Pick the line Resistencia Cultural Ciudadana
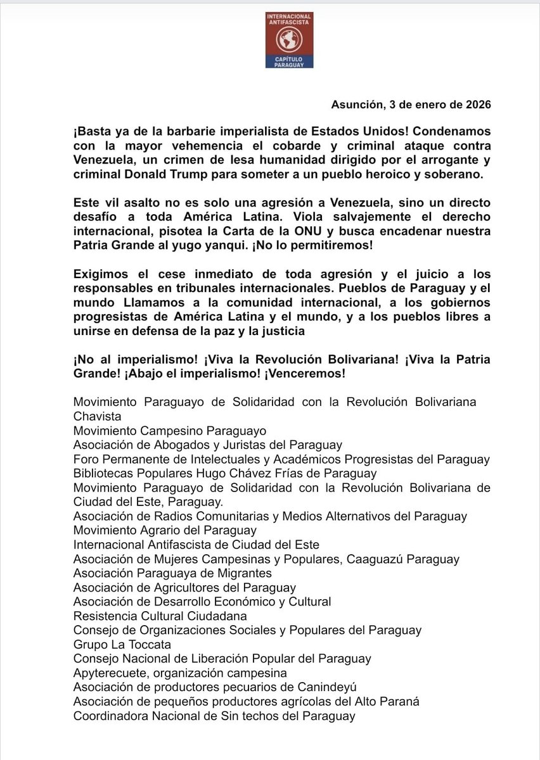(x=160, y=615)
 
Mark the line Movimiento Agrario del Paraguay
(x=165, y=529)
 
